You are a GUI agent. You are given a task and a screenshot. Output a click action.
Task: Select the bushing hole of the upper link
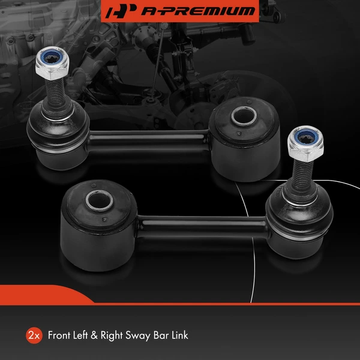pyautogui.click(x=242, y=116)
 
